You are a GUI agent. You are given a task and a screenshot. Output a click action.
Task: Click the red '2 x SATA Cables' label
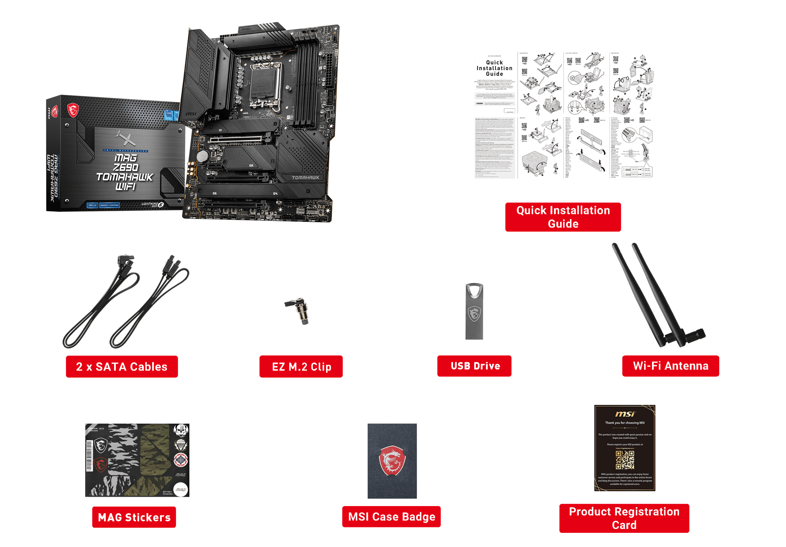click(121, 367)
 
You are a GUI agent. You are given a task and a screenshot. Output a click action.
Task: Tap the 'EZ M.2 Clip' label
click(301, 367)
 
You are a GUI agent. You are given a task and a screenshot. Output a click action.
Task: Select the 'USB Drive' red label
click(474, 366)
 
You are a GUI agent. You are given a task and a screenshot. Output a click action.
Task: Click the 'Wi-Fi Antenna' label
click(670, 366)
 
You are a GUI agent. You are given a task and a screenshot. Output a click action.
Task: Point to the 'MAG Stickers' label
click(134, 517)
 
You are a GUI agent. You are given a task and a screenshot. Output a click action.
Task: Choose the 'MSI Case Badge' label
click(391, 516)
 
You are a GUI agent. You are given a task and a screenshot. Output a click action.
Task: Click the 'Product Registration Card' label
click(624, 518)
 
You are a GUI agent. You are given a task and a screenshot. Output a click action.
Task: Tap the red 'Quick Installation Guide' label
click(563, 217)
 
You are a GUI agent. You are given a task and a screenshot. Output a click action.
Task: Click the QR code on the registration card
click(625, 460)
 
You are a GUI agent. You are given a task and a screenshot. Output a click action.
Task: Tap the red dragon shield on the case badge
click(392, 460)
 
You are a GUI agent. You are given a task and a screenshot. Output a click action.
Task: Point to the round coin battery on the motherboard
click(202, 157)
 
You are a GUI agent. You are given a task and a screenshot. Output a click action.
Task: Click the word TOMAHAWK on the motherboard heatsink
click(305, 178)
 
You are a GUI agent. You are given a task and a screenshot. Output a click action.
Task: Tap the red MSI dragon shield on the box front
click(73, 110)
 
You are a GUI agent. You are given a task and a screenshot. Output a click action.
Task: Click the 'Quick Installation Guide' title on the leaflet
click(494, 68)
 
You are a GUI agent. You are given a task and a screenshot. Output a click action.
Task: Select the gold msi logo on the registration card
click(625, 414)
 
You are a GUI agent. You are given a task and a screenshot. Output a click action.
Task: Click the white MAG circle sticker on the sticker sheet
click(181, 489)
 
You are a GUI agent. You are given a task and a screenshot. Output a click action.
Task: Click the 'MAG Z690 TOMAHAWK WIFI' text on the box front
click(125, 172)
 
